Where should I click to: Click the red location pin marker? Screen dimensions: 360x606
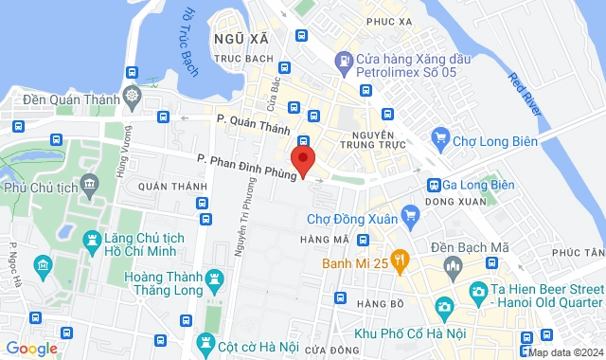tap(302, 159)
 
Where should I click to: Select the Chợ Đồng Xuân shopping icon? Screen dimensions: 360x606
tap(409, 217)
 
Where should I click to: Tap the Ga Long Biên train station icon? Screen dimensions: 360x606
tap(434, 185)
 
